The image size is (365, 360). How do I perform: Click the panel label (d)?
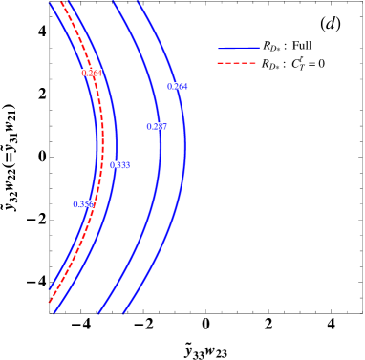(330, 24)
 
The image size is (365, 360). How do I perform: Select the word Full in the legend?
(302, 45)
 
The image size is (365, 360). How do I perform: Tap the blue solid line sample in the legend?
(238, 46)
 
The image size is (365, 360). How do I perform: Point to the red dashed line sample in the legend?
(238, 64)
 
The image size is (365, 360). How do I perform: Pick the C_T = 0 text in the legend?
(308, 64)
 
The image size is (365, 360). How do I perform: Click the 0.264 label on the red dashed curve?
(92, 73)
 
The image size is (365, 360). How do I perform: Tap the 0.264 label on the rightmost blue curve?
(177, 86)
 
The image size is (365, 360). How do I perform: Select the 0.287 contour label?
(157, 126)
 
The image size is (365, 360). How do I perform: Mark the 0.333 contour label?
(119, 164)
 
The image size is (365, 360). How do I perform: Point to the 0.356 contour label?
(83, 203)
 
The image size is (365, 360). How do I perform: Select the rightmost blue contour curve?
(183, 143)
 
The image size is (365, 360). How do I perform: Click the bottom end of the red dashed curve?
(50, 303)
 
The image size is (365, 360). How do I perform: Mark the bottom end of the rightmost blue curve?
(123, 312)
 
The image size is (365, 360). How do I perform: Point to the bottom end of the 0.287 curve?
(99, 312)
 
